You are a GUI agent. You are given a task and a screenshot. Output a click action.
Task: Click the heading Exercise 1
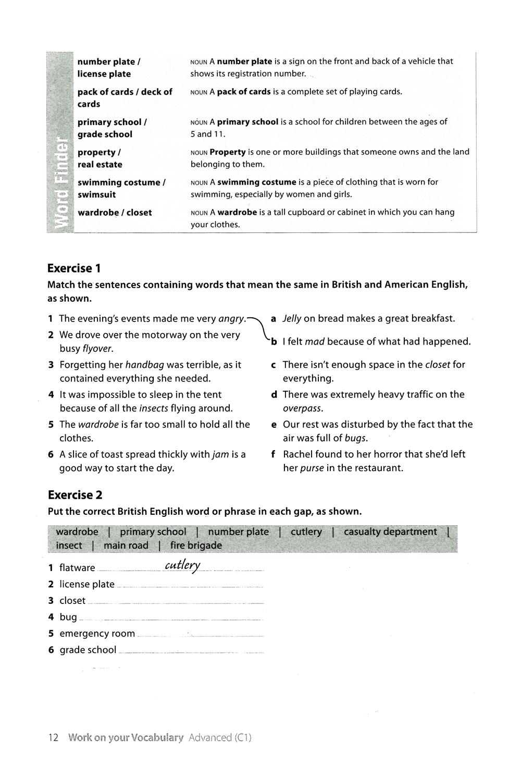74,268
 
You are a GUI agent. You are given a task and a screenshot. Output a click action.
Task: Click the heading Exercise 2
75,494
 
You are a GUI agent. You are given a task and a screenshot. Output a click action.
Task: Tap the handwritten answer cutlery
182,566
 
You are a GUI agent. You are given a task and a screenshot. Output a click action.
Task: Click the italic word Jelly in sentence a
292,318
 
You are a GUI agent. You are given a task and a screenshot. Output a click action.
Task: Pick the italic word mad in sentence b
315,341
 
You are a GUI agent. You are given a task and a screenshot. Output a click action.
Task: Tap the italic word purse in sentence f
312,468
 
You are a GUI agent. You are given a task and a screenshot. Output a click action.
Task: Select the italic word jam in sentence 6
221,454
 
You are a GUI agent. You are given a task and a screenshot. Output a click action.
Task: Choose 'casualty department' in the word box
390,531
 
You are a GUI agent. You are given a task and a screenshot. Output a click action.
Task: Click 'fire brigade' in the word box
196,546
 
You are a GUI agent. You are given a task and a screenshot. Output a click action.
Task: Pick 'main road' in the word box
126,546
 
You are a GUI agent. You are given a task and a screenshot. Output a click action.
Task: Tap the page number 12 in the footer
53,737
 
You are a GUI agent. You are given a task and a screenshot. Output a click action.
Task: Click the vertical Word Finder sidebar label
61,182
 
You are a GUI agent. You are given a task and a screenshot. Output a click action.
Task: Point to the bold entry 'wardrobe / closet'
115,213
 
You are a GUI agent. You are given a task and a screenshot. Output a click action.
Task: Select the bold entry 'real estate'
100,165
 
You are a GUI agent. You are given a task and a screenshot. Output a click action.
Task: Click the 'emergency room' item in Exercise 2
97,634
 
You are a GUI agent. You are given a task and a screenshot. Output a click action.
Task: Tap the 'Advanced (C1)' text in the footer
220,737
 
